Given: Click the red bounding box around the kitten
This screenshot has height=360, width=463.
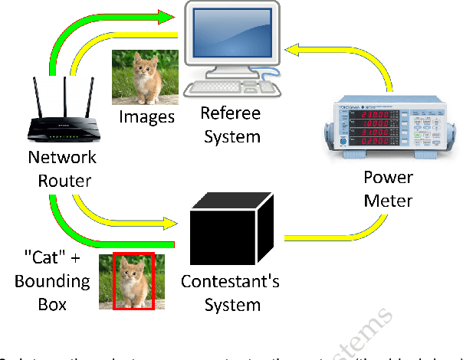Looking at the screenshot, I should (133, 281).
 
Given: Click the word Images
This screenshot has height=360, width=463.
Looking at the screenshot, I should (146, 117).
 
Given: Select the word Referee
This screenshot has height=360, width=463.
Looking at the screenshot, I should (230, 113).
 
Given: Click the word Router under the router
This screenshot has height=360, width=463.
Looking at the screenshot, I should (62, 181).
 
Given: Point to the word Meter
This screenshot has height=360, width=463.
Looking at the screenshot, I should (387, 201).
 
